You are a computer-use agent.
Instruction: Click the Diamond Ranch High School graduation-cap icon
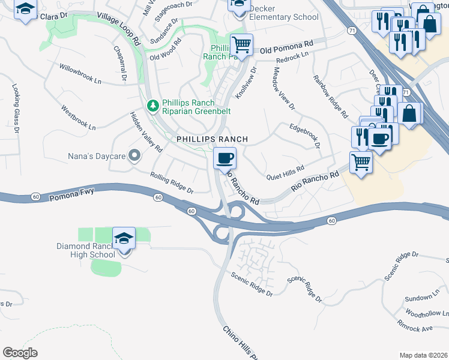point(124,238)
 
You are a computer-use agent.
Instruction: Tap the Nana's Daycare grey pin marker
point(134,156)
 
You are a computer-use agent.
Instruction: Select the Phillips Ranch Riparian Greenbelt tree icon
point(153,106)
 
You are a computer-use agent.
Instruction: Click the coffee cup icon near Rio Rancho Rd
point(225,159)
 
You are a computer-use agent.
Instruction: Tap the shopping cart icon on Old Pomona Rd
point(241,44)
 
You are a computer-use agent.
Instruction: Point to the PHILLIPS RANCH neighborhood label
point(212,139)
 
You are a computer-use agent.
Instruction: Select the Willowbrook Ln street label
point(80,71)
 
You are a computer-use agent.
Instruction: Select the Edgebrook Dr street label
point(305,136)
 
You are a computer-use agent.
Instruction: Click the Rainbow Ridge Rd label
point(330,95)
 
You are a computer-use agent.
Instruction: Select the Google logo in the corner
point(20,352)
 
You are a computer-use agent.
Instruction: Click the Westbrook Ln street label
point(79,118)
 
